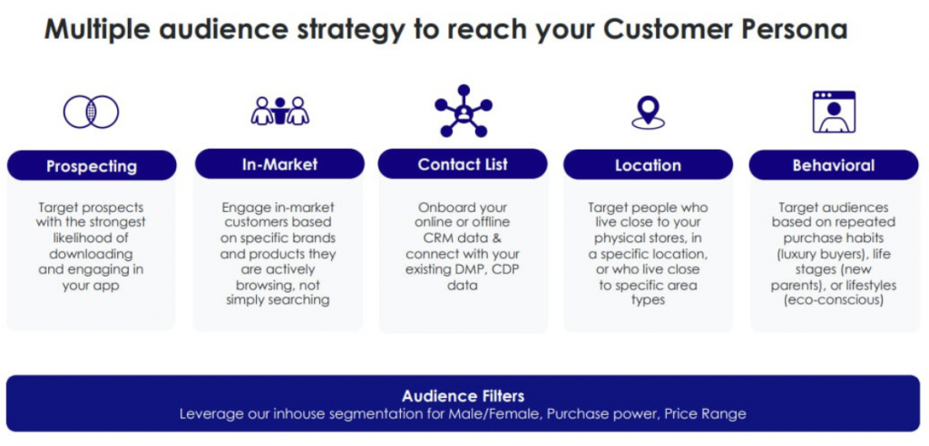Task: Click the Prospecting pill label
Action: click(92, 165)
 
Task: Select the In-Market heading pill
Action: click(279, 164)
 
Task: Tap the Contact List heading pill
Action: click(463, 164)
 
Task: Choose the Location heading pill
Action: click(648, 165)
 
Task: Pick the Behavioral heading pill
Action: click(834, 165)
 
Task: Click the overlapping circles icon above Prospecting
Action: click(92, 111)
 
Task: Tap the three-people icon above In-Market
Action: click(279, 111)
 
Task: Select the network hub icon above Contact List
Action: click(464, 111)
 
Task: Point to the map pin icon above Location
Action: click(648, 112)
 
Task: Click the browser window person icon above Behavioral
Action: click(835, 111)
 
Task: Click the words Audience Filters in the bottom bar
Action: click(463, 395)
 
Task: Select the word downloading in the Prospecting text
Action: click(91, 254)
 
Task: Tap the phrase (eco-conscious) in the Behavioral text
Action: click(834, 301)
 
